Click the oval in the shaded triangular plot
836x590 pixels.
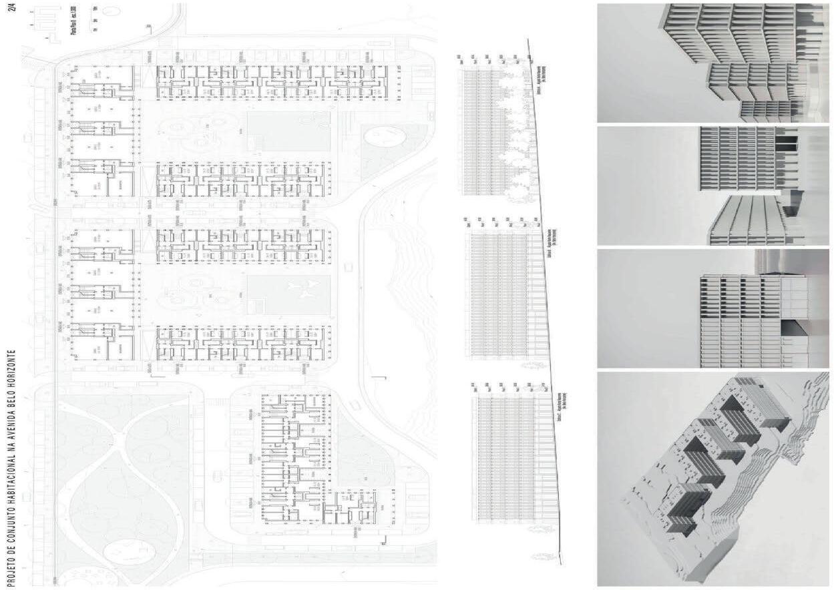386,137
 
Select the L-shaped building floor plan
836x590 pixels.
300,461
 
